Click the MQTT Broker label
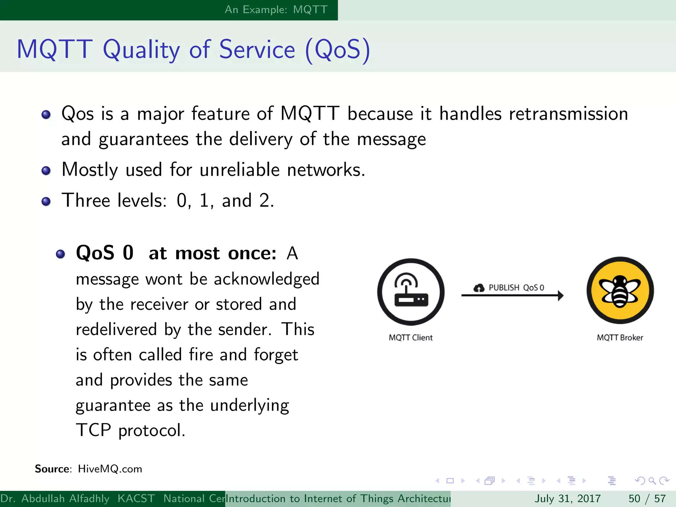tap(620, 338)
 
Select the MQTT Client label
tap(411, 338)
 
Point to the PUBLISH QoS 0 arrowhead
tap(560, 295)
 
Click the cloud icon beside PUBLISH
tap(479, 288)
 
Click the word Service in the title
tap(257, 50)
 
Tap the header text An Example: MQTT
tap(276, 10)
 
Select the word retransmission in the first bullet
tap(568, 114)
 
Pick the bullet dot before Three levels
tap(46, 201)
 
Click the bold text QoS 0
tap(105, 253)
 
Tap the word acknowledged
tap(266, 279)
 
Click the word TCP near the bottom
tap(93, 430)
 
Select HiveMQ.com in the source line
tap(110, 469)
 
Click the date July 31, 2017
tap(567, 498)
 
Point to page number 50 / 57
tap(647, 498)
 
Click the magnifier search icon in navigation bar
tap(652, 481)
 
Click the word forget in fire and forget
tap(276, 355)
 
